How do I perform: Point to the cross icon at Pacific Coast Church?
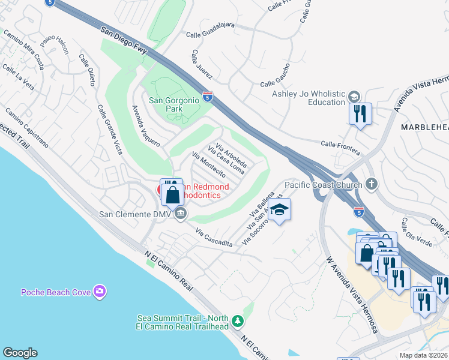coord(372,185)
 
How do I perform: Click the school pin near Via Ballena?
coord(280,210)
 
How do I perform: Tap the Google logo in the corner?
coord(20,353)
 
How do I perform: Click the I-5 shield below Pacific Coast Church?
coord(359,211)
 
